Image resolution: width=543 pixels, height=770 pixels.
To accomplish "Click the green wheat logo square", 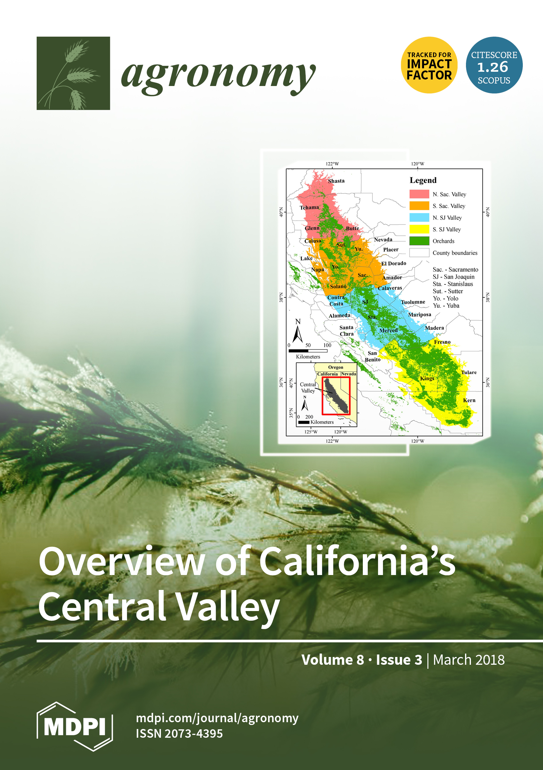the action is pyautogui.click(x=73, y=73).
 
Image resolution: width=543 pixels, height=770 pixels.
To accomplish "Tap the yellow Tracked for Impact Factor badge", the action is pyautogui.click(x=429, y=65).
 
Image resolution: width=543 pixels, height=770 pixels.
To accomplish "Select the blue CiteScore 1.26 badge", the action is pyautogui.click(x=494, y=65).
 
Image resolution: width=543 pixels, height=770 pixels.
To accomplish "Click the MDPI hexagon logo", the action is pyautogui.click(x=75, y=727).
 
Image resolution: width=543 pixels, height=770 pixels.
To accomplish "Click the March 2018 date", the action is pyautogui.click(x=469, y=660).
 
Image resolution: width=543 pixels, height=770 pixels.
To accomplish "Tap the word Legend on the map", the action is pyautogui.click(x=423, y=180).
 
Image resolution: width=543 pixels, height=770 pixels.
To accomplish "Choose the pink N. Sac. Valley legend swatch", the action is pyautogui.click(x=419, y=194).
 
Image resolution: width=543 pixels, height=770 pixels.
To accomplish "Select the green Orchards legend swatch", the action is pyautogui.click(x=419, y=241).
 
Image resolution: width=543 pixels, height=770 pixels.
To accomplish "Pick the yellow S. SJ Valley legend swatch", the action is pyautogui.click(x=419, y=229).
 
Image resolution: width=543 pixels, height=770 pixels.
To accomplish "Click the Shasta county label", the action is pyautogui.click(x=336, y=181).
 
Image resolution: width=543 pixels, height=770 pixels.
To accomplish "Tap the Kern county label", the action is pyautogui.click(x=469, y=400).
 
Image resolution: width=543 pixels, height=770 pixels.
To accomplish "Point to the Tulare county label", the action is pyautogui.click(x=469, y=372).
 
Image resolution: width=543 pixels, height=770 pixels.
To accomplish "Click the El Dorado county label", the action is pyautogui.click(x=394, y=263).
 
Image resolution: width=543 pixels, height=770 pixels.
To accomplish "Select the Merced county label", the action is pyautogui.click(x=388, y=330).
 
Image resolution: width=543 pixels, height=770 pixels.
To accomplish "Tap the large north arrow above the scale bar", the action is pyautogui.click(x=298, y=334).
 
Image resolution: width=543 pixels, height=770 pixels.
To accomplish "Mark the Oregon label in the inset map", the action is pyautogui.click(x=335, y=367).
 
